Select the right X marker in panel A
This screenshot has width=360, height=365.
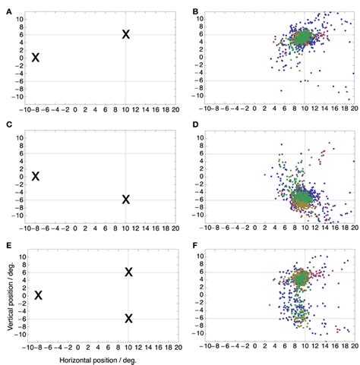click(x=126, y=34)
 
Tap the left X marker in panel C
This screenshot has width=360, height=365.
click(x=35, y=176)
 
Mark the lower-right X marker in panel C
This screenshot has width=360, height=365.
click(x=126, y=200)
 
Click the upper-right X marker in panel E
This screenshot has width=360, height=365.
click(x=128, y=272)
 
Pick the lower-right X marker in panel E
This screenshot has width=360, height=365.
click(x=128, y=319)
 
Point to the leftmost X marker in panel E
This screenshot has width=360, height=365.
click(x=38, y=295)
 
